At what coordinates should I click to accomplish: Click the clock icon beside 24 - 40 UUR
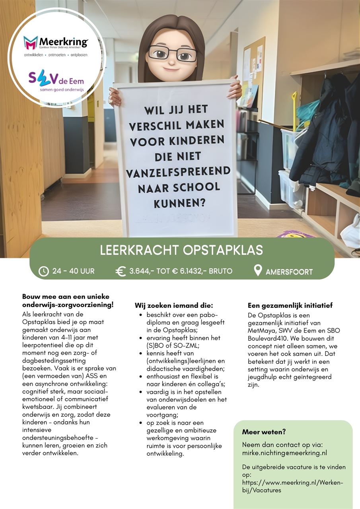[x=44, y=271]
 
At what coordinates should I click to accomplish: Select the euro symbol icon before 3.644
[x=121, y=271]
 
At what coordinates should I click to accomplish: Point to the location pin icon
[x=258, y=270]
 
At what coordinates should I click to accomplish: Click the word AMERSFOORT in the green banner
[x=289, y=272]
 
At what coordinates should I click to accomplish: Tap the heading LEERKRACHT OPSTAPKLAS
[x=181, y=250]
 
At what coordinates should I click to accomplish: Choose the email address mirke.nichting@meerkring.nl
[x=284, y=453]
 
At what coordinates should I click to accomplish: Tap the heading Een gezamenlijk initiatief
[x=290, y=305]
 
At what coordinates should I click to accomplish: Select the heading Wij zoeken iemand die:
[x=174, y=305]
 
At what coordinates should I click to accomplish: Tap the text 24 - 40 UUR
[x=74, y=271]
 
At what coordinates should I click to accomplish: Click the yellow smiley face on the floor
[x=296, y=234]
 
